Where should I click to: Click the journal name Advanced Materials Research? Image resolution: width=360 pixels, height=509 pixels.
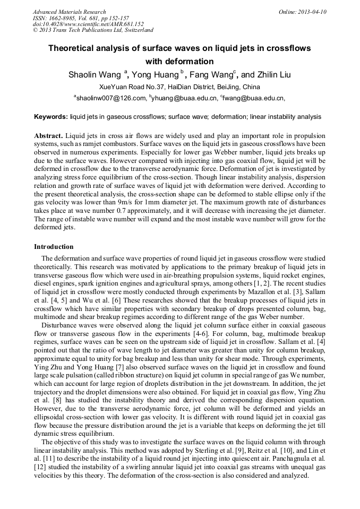69,12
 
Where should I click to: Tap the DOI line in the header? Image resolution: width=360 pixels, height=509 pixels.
88,24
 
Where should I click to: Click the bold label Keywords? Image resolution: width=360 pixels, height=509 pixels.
51,116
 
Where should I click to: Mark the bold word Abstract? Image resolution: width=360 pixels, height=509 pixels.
48,135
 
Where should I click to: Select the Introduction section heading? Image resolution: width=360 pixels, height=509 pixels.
54,247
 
